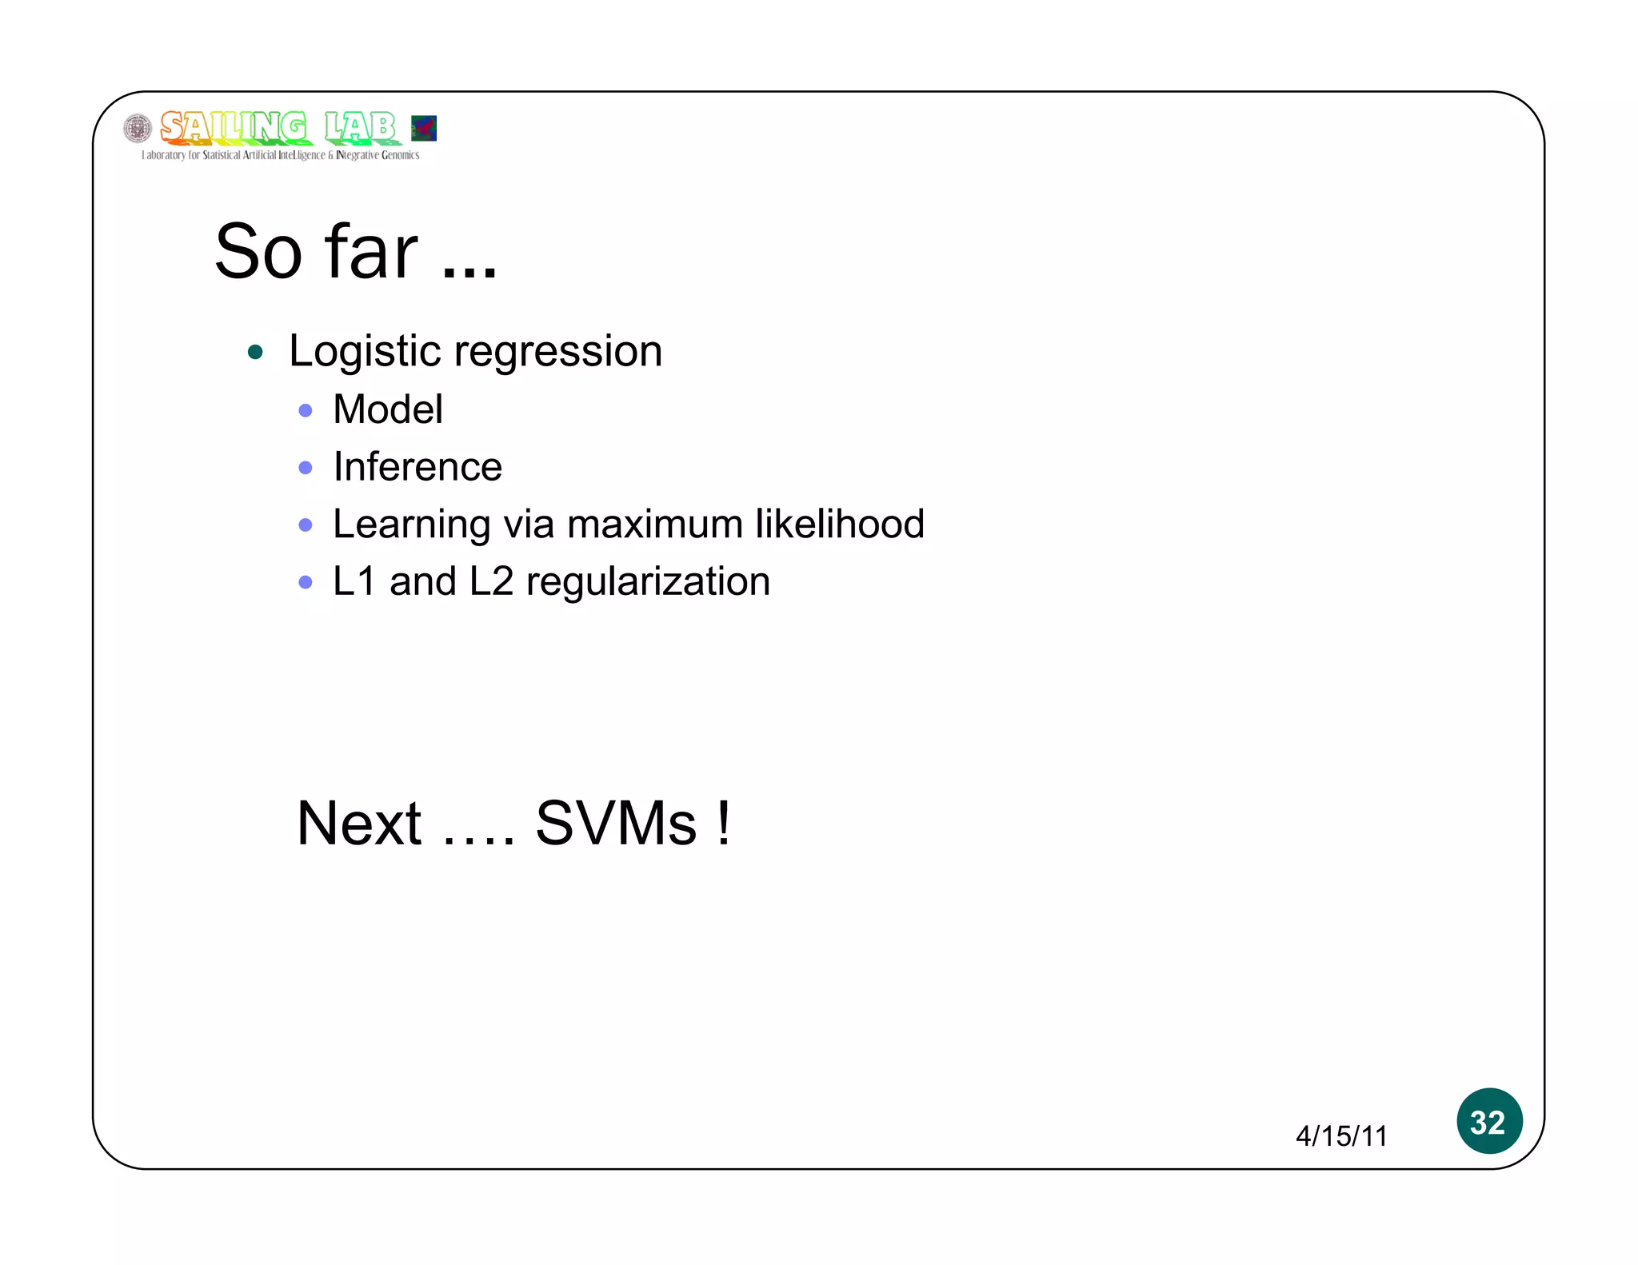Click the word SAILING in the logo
[233, 127]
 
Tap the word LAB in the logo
[360, 127]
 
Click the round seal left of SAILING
[138, 129]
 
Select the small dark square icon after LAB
[423, 128]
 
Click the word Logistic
[365, 351]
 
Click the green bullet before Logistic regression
[255, 352]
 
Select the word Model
[388, 409]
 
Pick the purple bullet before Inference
[305, 468]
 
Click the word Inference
[417, 467]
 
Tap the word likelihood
[840, 524]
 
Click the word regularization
[648, 582]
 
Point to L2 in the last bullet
[491, 581]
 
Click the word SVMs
[616, 823]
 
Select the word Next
[358, 823]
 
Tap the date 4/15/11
[1341, 1135]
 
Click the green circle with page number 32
[1488, 1121]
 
